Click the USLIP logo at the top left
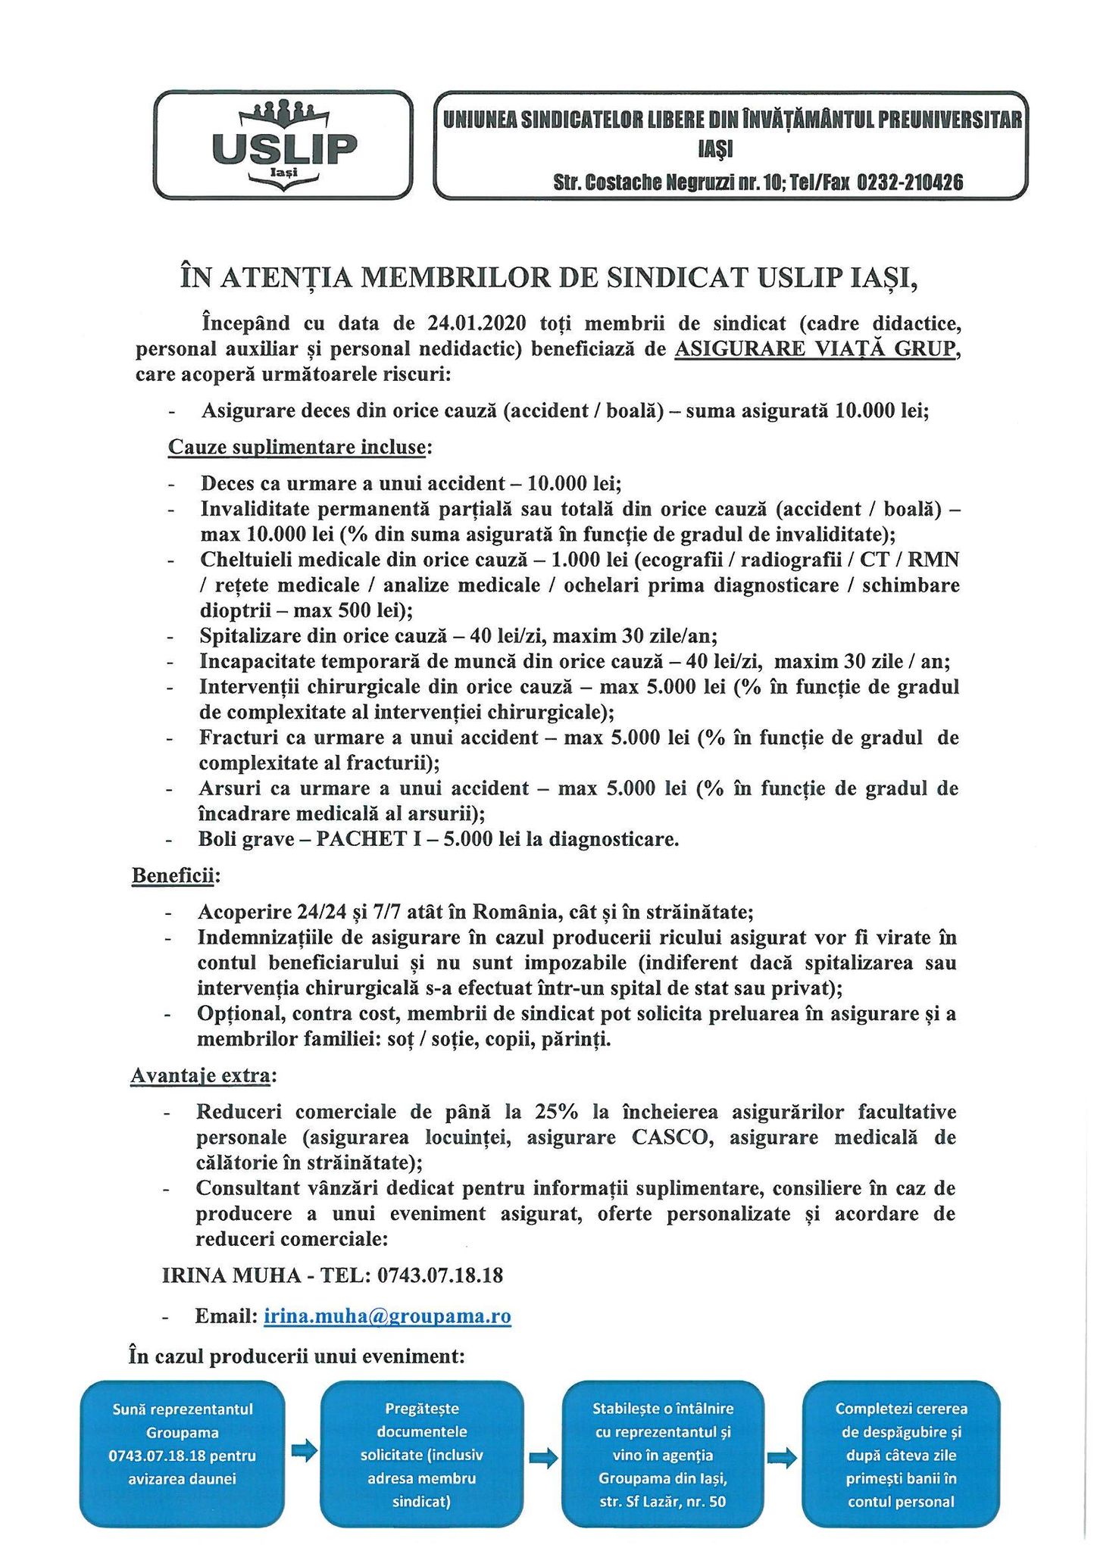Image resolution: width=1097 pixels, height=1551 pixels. [x=283, y=144]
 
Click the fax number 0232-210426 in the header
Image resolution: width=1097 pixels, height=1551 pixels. [x=910, y=183]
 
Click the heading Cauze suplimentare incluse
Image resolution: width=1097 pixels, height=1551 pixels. [x=297, y=447]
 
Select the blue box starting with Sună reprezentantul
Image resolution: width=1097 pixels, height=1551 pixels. [x=183, y=1454]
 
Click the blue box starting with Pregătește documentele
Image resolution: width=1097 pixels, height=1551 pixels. [x=422, y=1454]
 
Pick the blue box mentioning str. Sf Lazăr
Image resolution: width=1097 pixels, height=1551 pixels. [x=662, y=1454]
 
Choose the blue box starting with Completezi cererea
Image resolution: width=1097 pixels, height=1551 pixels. [x=902, y=1454]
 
